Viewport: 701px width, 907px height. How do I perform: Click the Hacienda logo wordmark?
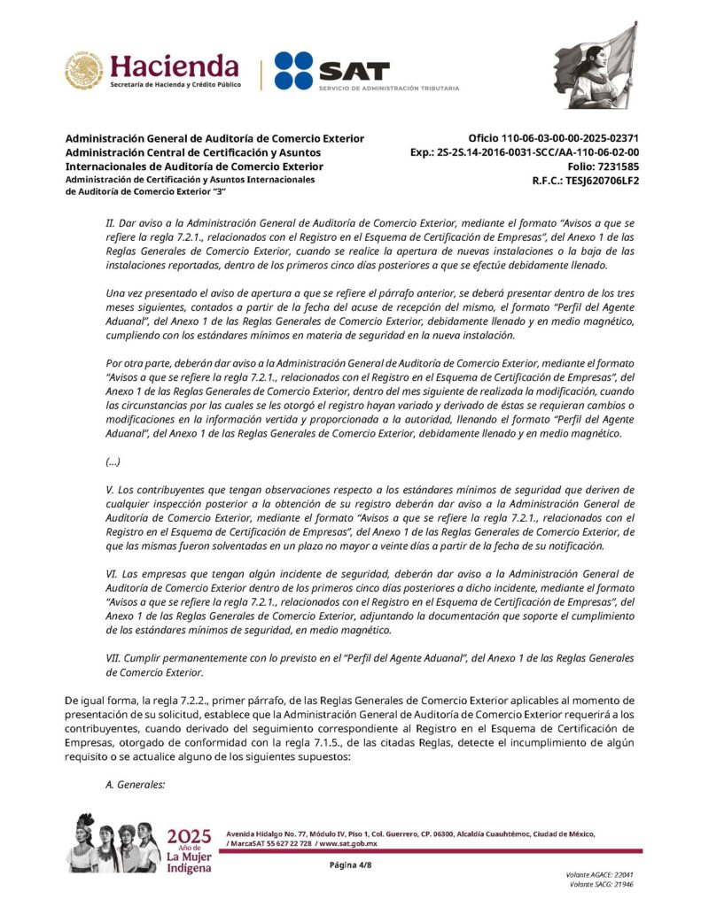174,66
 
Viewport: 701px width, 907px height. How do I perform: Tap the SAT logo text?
354,70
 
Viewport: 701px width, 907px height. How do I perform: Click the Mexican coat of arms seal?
83,71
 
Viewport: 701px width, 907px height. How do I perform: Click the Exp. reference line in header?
525,152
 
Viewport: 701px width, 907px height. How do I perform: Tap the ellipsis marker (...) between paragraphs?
113,461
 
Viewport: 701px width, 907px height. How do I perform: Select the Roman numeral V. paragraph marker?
110,489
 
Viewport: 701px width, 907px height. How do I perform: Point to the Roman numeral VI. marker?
112,574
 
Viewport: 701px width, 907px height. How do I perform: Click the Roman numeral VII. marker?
113,659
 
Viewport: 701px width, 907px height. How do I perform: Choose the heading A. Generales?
136,783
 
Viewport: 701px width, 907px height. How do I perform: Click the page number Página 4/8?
350,865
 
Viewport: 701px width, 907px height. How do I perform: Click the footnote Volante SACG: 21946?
602,884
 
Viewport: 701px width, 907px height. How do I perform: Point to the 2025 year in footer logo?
189,837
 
